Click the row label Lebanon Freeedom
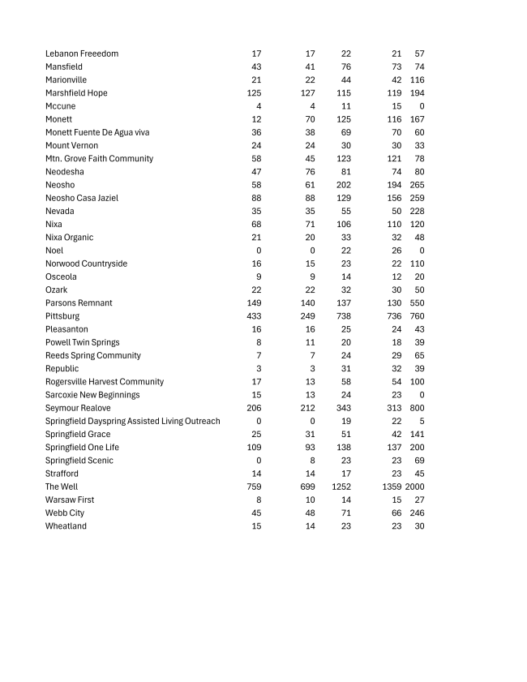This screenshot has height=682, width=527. coord(82,54)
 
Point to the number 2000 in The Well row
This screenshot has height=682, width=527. coord(414,487)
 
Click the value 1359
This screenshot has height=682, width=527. coord(392,487)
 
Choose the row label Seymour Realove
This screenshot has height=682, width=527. coord(78,408)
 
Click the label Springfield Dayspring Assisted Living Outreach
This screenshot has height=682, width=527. coord(132,421)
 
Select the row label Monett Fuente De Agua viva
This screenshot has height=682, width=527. coord(97,132)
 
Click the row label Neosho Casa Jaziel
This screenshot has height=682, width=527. coord(82,198)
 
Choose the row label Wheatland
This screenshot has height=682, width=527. coord(66,526)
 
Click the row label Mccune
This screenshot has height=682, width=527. coord(60,106)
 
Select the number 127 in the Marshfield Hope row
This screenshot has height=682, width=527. coord(307,93)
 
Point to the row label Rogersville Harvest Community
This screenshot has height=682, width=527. coord(105,382)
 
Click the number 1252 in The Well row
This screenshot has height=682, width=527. coord(341,487)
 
